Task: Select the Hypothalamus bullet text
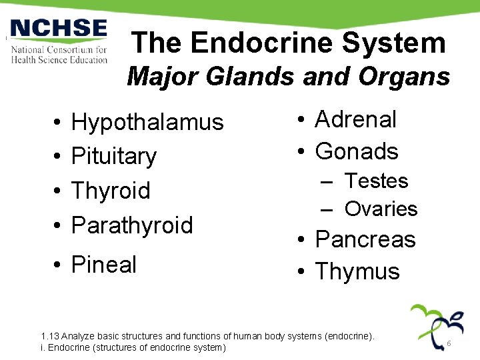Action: [x=147, y=122]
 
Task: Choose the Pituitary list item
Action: [x=114, y=156]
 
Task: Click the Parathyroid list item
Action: [x=132, y=225]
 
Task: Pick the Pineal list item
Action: [x=103, y=265]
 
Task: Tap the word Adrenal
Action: [x=355, y=119]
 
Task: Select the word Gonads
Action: [x=357, y=151]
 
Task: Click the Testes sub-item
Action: [x=376, y=181]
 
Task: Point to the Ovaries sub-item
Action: [x=381, y=209]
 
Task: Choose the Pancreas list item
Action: [x=365, y=239]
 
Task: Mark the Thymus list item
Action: [x=357, y=271]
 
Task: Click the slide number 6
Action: [x=449, y=343]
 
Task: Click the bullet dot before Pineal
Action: [x=59, y=265]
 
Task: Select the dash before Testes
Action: [x=327, y=181]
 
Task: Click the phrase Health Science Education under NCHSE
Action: [x=59, y=59]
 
